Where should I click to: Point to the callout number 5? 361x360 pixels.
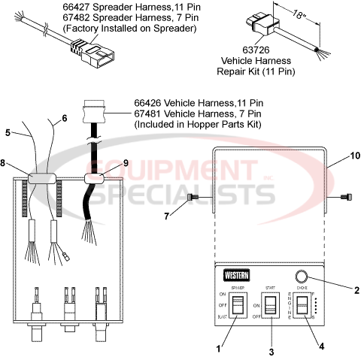coord(8,133)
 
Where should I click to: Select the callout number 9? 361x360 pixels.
coord(126,162)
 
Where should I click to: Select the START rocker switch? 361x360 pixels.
coord(268,307)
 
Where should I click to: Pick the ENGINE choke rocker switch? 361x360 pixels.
coord(302,307)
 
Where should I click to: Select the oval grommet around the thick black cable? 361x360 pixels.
coord(96,179)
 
